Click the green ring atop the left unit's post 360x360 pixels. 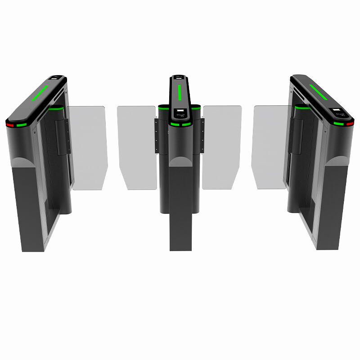point(56,108)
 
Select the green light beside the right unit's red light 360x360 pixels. point(338,124)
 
